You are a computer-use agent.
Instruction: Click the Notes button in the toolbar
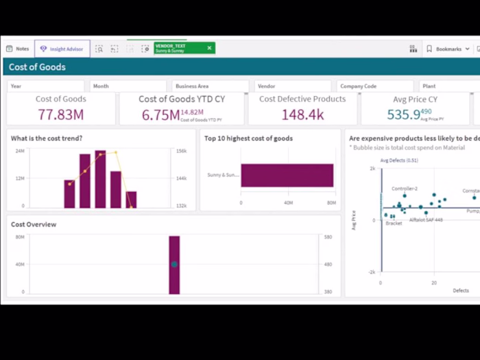point(18,49)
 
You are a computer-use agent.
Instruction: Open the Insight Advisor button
point(62,49)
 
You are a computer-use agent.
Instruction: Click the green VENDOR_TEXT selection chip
point(184,48)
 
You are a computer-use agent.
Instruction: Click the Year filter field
point(45,86)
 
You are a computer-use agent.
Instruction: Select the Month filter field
point(129,86)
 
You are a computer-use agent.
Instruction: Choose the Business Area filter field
point(210,86)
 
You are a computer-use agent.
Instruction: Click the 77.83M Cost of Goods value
point(61,115)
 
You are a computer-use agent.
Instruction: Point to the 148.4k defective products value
point(302,115)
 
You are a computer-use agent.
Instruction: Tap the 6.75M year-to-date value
point(160,115)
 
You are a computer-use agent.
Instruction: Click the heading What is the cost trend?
point(47,139)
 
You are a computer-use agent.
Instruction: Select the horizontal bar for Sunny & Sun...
point(287,175)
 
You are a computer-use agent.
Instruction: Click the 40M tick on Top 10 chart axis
point(288,203)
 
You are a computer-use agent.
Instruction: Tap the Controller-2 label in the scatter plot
point(405,189)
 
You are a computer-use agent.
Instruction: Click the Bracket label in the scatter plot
point(394,224)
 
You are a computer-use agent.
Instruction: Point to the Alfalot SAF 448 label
point(426,220)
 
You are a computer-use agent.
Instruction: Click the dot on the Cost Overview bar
point(174,264)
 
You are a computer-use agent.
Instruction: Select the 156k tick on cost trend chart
point(182,151)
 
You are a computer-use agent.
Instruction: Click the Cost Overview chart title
point(34,224)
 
